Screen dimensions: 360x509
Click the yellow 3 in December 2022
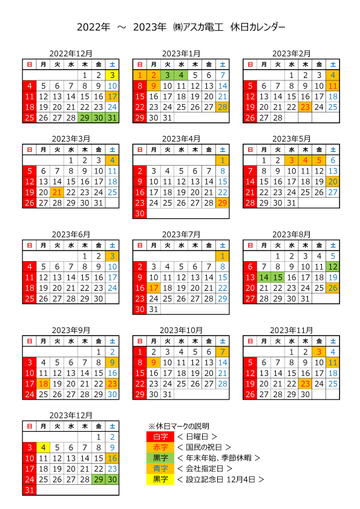pos(112,76)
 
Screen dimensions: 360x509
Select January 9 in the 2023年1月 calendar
pos(153,86)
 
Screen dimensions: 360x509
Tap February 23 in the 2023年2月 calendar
pos(305,107)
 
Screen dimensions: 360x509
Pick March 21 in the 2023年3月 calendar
pos(57,192)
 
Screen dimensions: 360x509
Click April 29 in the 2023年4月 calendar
pos(223,203)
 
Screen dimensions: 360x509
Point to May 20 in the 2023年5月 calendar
pos(333,182)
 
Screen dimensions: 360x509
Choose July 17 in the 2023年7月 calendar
pos(153,288)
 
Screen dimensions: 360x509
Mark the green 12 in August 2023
pos(333,267)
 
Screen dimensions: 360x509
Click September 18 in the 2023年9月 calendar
pos(43,384)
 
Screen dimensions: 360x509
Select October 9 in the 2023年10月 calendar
pos(153,363)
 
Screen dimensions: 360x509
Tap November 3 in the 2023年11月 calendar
pos(319,352)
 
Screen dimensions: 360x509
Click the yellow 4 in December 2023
pos(43,448)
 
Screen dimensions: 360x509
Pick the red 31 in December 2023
pos(30,490)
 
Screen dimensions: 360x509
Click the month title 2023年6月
pos(71,235)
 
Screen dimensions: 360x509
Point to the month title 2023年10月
pos(181,331)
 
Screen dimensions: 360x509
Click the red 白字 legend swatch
pos(160,437)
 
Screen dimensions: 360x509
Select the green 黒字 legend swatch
pos(160,458)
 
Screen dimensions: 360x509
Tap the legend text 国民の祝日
pos(204,447)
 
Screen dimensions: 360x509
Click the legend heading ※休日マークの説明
pos(178,426)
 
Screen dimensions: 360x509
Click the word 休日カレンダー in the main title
pos(258,27)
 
